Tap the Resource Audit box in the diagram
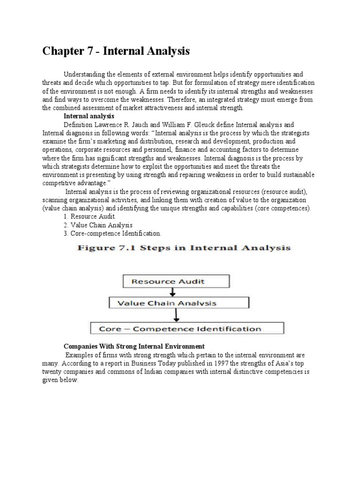pos(169,281)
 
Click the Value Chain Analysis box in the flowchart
pos(178,303)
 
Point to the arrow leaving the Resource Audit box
pos(173,292)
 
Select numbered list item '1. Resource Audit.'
pos(90,216)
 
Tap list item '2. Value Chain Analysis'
pos(97,225)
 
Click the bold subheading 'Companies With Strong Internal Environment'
pos(134,346)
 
